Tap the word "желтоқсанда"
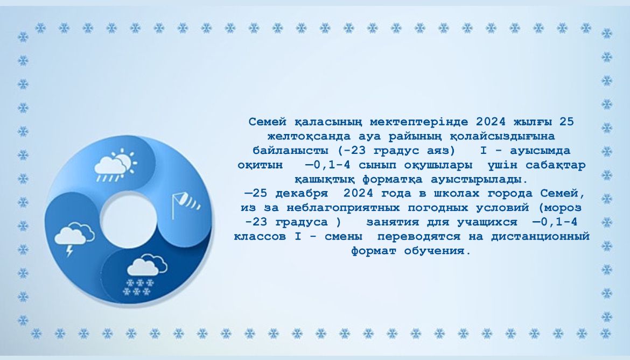click(x=309, y=137)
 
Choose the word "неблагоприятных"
click(x=342, y=208)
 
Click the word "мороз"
click(x=563, y=208)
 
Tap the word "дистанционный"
click(x=540, y=237)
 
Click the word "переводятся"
click(x=418, y=237)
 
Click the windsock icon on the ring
click(x=185, y=204)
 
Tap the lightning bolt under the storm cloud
click(x=70, y=251)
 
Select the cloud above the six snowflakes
click(x=147, y=265)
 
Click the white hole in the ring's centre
click(x=128, y=220)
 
